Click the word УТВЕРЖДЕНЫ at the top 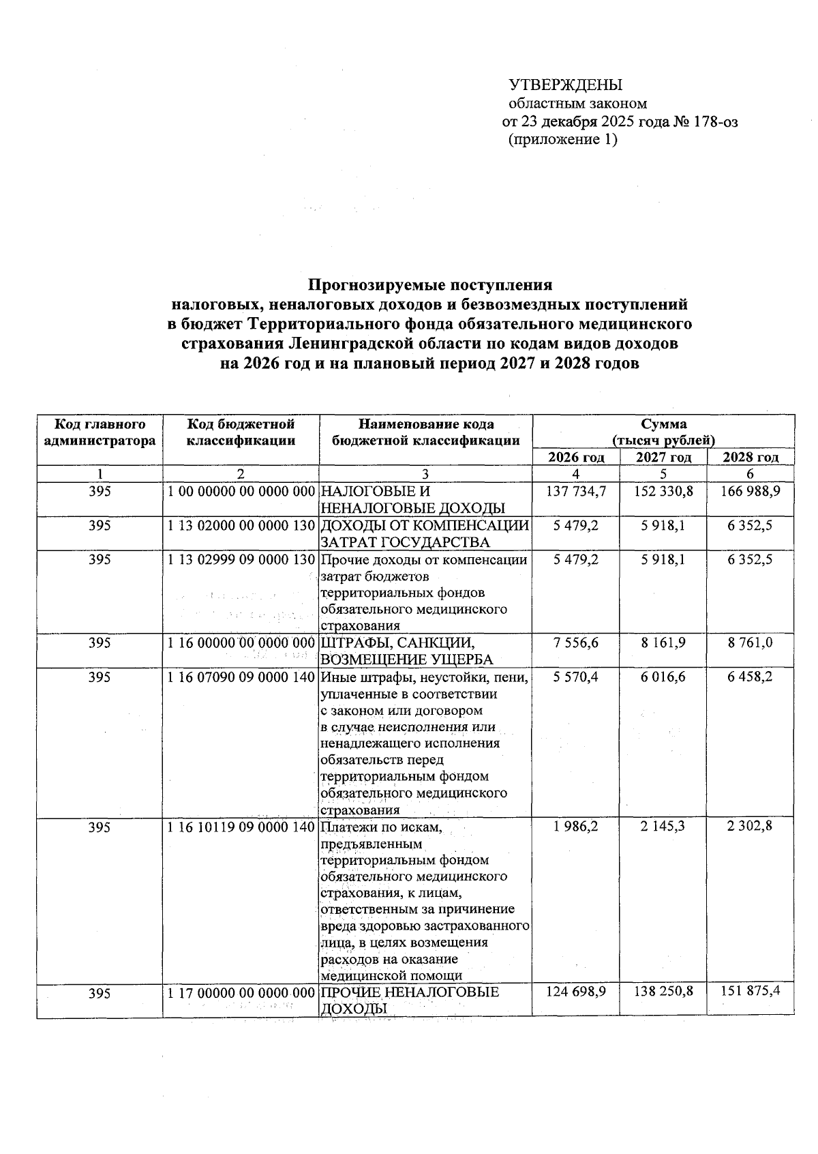coord(566,86)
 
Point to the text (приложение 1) coord(563,140)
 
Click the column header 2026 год coord(576,458)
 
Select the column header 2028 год coord(750,458)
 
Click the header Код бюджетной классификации coord(241,432)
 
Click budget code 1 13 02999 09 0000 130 coord(241,560)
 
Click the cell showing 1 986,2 coord(576,827)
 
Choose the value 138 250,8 coord(663,992)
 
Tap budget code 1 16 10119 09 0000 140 coord(241,827)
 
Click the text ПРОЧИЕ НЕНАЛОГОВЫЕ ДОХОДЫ coord(410,1000)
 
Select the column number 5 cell coord(663,474)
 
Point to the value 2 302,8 coord(750,827)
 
